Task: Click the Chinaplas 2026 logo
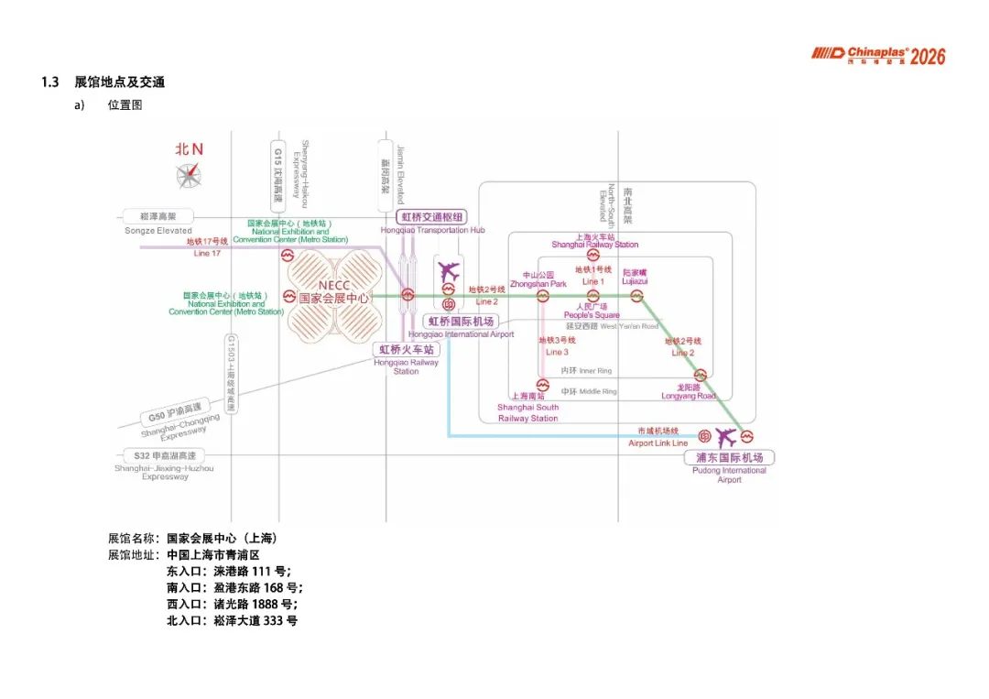pos(877,56)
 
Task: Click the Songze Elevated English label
pos(158,231)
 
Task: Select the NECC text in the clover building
pos(334,286)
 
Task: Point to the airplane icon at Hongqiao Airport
pos(449,272)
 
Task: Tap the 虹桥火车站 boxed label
pos(408,349)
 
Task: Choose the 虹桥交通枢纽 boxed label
pos(432,217)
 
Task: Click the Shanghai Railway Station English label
pos(594,245)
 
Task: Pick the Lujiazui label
pos(635,281)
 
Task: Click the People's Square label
pos(592,315)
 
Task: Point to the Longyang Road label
pos(690,396)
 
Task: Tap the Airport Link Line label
pos(658,443)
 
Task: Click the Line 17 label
pos(207,254)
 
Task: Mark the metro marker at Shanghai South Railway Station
pos(542,386)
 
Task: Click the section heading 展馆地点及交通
pos(119,82)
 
